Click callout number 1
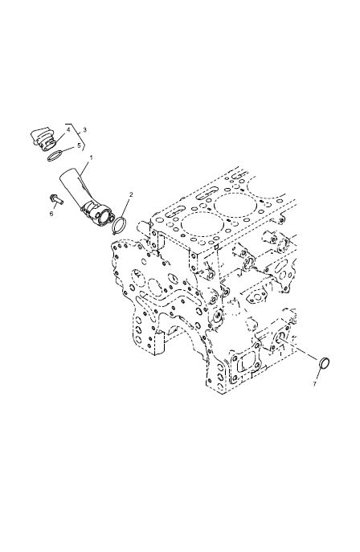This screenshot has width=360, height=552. click(91, 158)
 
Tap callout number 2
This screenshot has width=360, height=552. click(131, 194)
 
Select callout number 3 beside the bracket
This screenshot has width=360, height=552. click(84, 129)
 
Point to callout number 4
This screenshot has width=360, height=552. click(68, 129)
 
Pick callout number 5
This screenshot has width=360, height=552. click(79, 145)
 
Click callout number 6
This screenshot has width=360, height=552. click(51, 214)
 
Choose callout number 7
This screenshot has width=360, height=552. click(315, 384)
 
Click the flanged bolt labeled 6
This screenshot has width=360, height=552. click(56, 199)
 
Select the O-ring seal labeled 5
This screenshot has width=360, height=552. click(55, 155)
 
